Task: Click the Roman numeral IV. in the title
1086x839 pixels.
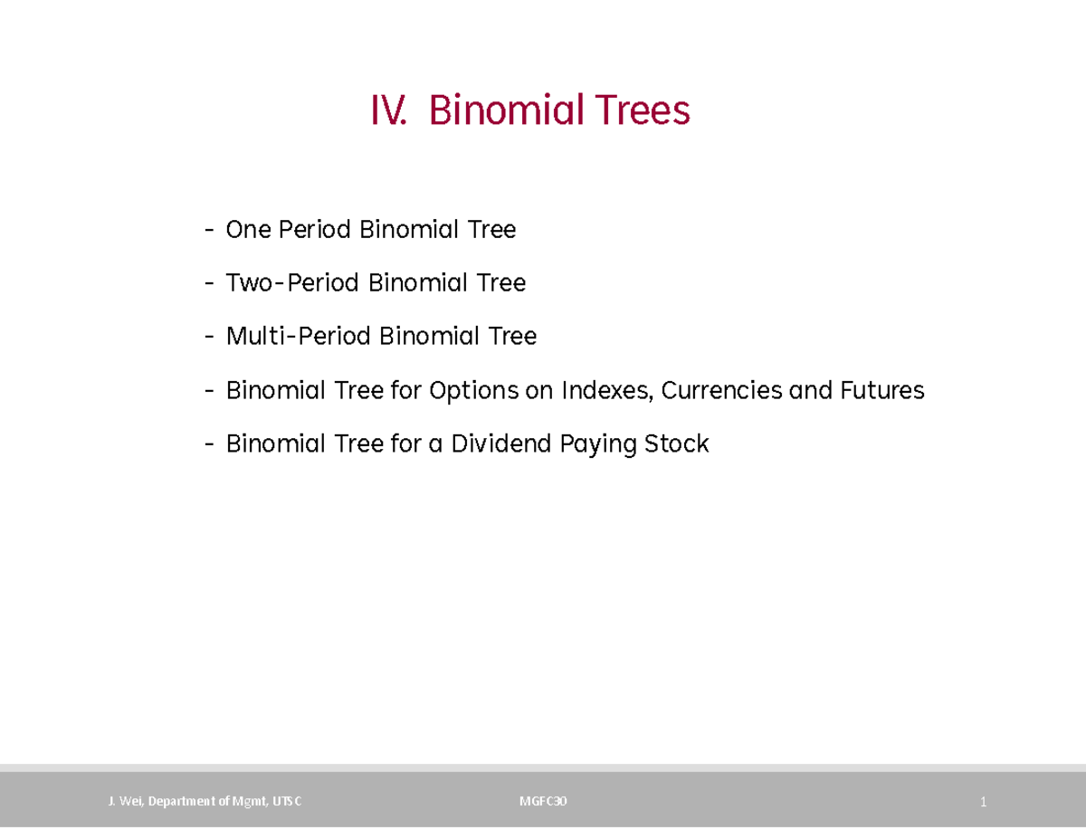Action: click(x=388, y=111)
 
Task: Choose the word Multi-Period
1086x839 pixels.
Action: click(x=298, y=337)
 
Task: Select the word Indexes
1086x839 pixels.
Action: click(x=608, y=391)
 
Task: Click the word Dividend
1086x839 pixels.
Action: click(x=500, y=444)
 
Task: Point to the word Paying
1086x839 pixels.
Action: click(x=597, y=445)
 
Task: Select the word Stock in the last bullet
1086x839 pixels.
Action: click(x=676, y=444)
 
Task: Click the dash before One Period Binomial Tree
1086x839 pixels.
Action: click(x=210, y=231)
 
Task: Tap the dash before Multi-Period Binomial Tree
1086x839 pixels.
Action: click(x=210, y=338)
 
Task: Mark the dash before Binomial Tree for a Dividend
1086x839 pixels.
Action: click(x=210, y=445)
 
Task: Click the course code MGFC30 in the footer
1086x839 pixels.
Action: click(x=543, y=801)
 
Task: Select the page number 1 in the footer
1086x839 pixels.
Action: click(x=982, y=802)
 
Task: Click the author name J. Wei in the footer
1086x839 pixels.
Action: click(x=124, y=801)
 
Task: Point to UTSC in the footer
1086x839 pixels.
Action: click(x=287, y=801)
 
